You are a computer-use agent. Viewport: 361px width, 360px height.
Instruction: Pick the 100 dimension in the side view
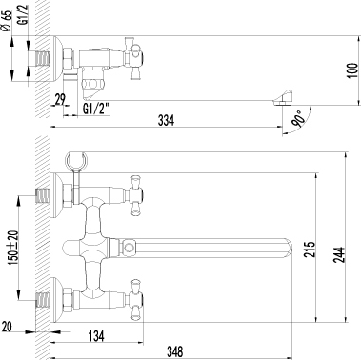pyautogui.click(x=351, y=70)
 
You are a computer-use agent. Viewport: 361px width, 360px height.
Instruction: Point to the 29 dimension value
pyautogui.click(x=59, y=101)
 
